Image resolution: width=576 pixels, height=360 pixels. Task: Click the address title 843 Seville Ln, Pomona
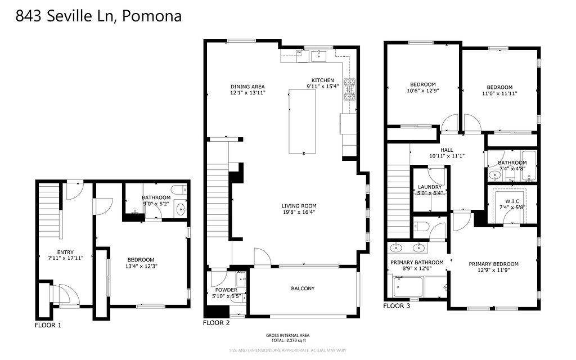[x=98, y=16]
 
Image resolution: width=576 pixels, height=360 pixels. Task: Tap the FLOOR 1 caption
[x=48, y=325]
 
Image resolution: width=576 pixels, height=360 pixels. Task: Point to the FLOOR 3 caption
[x=397, y=306]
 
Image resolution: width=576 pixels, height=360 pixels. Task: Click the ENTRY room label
[x=65, y=253]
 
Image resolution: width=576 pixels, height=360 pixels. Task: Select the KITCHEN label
[x=323, y=80]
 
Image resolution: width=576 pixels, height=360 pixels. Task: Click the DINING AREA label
[x=247, y=87]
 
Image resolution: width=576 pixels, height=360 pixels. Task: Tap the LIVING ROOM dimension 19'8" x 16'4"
[x=299, y=212]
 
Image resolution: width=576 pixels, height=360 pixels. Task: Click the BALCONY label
[x=303, y=289]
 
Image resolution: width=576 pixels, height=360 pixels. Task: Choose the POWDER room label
[x=226, y=290]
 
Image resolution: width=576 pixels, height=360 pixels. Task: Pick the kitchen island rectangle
[x=302, y=121]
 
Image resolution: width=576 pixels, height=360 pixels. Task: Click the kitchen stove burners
[x=350, y=89]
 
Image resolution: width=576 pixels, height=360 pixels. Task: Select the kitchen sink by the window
[x=319, y=56]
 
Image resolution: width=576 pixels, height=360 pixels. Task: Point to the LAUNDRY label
[x=430, y=187]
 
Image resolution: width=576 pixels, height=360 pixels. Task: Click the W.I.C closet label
[x=512, y=201]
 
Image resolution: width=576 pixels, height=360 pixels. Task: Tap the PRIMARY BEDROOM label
[x=494, y=264]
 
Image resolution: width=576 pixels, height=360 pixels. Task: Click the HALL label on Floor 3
[x=447, y=150]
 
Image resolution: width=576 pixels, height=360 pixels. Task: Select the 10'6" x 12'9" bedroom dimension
[x=423, y=91]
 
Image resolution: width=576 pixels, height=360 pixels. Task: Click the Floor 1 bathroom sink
[x=181, y=210]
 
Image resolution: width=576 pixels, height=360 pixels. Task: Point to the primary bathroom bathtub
[x=408, y=287]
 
